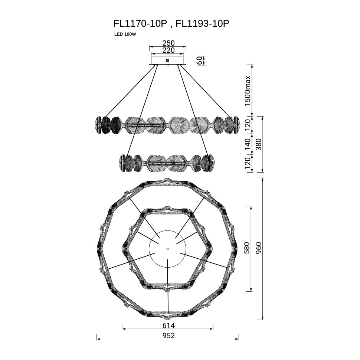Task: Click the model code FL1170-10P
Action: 140,24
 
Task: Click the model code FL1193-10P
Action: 202,24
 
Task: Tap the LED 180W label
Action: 125,35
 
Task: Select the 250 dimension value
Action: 168,43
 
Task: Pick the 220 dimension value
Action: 168,50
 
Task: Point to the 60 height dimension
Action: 199,60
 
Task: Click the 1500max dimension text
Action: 248,91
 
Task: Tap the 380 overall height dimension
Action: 259,144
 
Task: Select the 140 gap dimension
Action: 248,144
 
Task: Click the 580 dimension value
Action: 246,248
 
